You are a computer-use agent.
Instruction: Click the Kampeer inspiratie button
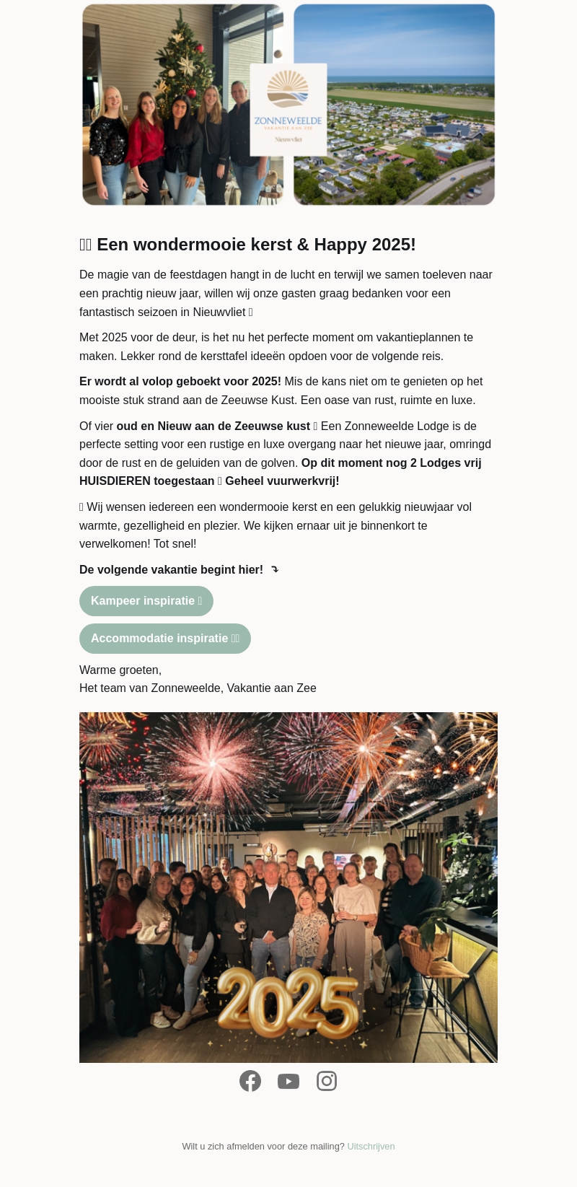146,601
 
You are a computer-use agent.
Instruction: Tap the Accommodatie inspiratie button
164,639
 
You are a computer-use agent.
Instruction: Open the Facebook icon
250,1081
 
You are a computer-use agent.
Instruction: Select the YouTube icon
288,1081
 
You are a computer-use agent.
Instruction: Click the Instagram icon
327,1081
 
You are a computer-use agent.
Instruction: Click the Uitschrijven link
371,1147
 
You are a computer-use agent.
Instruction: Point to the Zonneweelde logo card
288,110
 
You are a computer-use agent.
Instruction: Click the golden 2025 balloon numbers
287,1003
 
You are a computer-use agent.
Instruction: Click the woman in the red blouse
146,144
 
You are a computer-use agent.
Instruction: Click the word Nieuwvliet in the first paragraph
219,312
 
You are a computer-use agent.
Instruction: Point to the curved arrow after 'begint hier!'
275,570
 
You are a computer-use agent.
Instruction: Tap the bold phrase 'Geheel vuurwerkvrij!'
282,481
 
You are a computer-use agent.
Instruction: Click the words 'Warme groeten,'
120,670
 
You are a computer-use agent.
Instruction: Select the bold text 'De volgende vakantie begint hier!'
171,570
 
